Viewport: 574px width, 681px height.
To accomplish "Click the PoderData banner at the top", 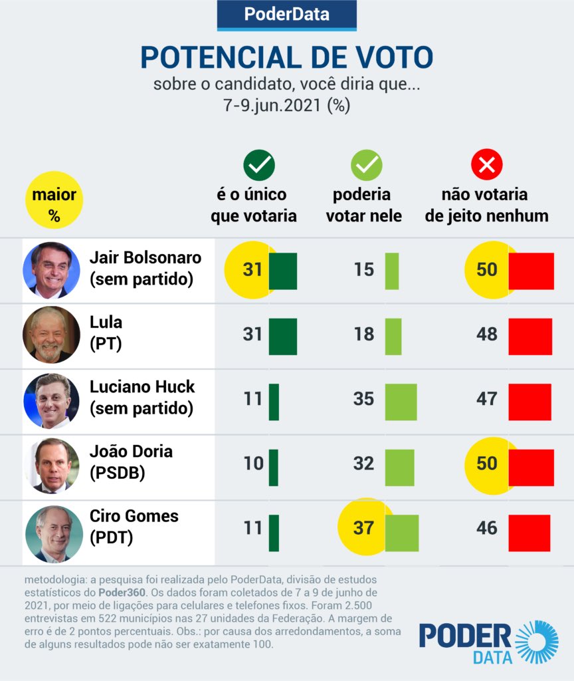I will [286, 15].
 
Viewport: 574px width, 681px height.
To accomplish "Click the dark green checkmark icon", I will [259, 165].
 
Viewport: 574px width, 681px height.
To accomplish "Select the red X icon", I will [486, 165].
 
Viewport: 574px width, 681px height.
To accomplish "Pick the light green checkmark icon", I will [366, 165].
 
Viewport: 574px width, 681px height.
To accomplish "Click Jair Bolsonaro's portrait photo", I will [51, 269].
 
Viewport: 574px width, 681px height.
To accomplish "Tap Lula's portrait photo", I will [51, 335].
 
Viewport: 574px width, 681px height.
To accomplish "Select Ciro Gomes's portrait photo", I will [51, 530].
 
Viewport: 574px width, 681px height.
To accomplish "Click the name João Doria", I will [131, 451].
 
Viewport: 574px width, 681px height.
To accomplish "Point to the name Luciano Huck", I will [142, 386].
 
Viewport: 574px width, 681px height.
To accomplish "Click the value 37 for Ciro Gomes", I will [363, 528].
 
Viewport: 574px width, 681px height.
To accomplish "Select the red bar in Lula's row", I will [530, 336].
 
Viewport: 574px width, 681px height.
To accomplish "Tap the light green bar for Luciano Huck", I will [401, 402].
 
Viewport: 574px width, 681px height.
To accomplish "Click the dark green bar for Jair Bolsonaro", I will [282, 271].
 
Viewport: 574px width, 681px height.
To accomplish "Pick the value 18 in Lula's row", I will [363, 334].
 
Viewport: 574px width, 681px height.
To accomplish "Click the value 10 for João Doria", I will [253, 464].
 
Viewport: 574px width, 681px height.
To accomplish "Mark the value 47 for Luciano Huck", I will [486, 399].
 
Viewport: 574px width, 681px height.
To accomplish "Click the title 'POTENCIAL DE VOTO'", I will [286, 59].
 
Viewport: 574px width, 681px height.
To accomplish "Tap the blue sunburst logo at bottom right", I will [537, 642].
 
